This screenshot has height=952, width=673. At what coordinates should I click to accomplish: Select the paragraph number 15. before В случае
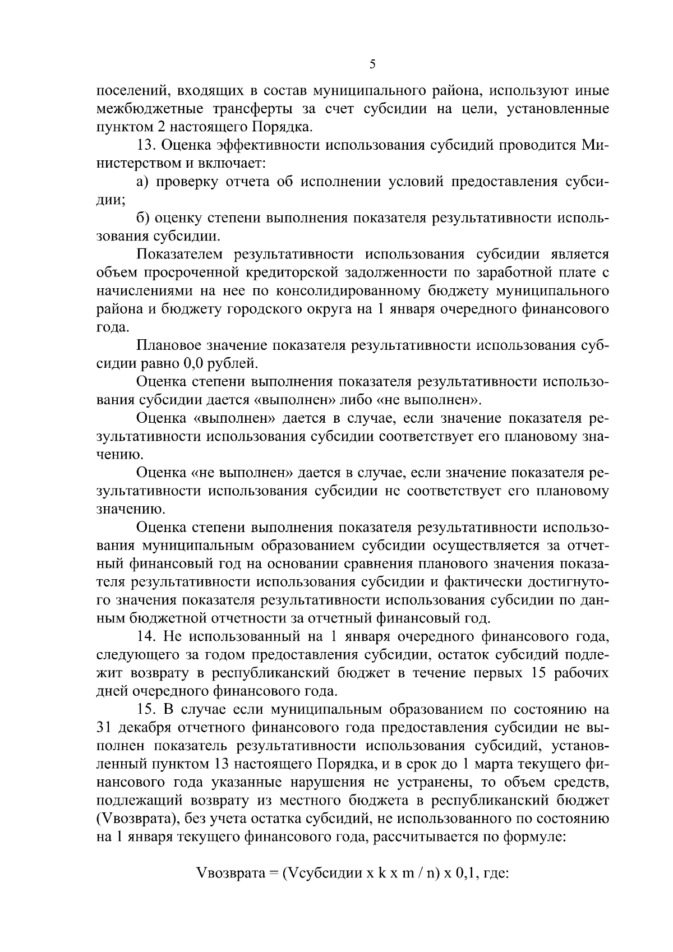147,709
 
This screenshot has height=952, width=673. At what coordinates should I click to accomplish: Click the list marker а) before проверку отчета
143,182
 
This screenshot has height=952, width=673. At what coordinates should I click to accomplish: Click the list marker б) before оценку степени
143,218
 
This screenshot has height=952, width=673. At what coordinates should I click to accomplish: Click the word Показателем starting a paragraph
181,255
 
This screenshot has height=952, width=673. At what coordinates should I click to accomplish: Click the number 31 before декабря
104,728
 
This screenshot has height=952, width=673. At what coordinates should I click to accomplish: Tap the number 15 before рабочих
538,673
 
